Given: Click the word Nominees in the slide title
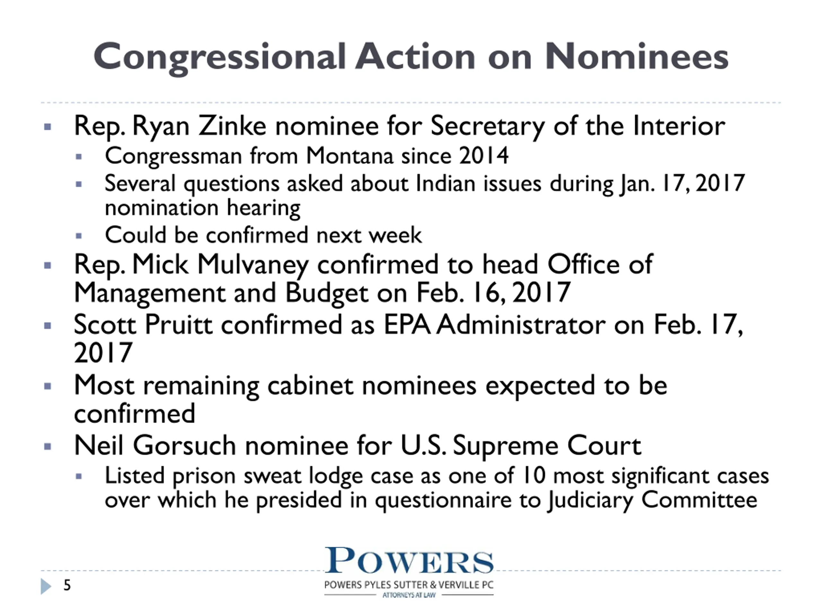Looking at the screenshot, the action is [x=636, y=56].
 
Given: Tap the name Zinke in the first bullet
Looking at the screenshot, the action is [x=232, y=126].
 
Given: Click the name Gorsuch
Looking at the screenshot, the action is [x=184, y=445].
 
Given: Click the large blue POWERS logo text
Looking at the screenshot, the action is [x=409, y=561].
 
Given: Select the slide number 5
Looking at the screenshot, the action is [x=67, y=585].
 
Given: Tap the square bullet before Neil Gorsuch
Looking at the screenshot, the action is [x=48, y=446].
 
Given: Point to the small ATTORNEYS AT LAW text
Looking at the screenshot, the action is [x=409, y=595].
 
